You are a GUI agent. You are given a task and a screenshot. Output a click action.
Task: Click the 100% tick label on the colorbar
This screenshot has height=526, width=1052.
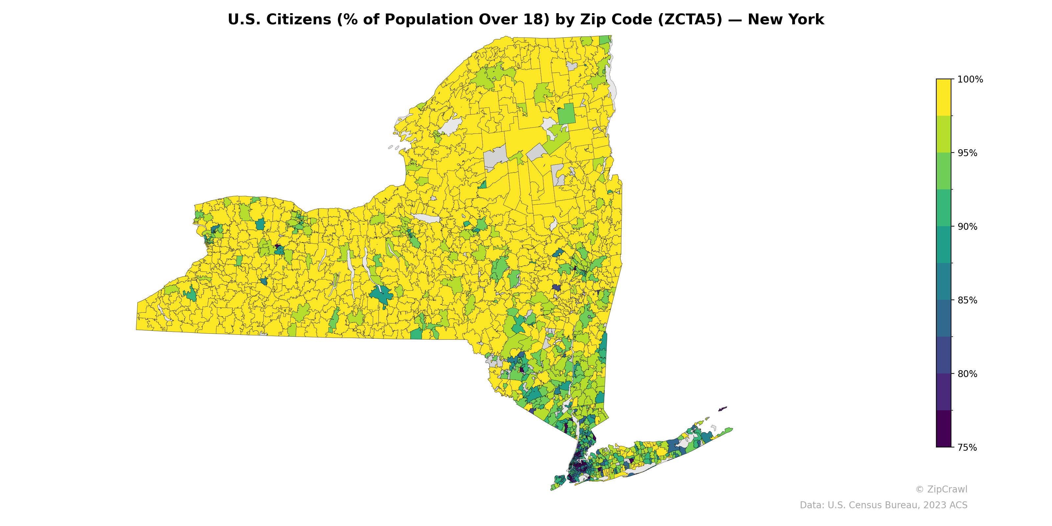pyautogui.click(x=970, y=80)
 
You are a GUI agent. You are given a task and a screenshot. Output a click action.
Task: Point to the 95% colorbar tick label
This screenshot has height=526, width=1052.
pyautogui.click(x=968, y=153)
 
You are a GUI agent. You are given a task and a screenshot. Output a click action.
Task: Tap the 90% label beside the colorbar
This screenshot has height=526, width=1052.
pyautogui.click(x=968, y=227)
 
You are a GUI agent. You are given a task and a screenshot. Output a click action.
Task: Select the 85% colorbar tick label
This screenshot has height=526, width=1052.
pyautogui.click(x=968, y=300)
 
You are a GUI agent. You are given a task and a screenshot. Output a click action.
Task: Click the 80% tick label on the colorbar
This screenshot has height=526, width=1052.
pyautogui.click(x=968, y=374)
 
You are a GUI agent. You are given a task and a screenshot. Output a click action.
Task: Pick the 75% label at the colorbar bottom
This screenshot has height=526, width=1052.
pyautogui.click(x=968, y=447)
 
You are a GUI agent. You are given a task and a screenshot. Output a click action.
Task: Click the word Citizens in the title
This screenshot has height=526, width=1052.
pyautogui.click(x=298, y=20)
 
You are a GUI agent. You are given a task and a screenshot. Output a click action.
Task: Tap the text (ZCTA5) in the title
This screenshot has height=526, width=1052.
pyautogui.click(x=690, y=20)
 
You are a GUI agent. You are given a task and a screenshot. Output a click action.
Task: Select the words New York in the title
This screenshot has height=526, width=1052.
pyautogui.click(x=786, y=20)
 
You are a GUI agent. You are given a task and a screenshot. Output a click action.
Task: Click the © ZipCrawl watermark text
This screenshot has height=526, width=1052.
pyautogui.click(x=941, y=489)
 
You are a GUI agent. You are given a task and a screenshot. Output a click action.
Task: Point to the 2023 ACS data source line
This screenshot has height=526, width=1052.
pyautogui.click(x=883, y=505)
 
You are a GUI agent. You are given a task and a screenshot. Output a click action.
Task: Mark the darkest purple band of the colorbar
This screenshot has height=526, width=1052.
pyautogui.click(x=944, y=429)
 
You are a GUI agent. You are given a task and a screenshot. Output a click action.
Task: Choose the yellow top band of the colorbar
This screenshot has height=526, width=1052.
pyautogui.click(x=944, y=97)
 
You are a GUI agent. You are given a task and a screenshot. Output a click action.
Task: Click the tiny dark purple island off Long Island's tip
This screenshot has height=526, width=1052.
pyautogui.click(x=723, y=408)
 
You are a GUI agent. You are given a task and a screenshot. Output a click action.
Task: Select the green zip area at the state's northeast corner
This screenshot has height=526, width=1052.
pyautogui.click(x=605, y=40)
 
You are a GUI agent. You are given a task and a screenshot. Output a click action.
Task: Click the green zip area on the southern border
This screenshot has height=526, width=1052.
pyautogui.click(x=416, y=334)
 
